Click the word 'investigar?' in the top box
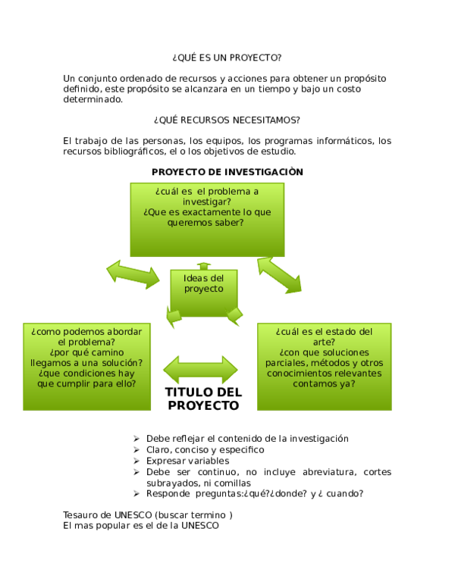coord(207,202)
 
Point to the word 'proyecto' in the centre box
coord(204,289)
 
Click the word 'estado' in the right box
coord(341,331)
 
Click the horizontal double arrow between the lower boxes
coord(200,370)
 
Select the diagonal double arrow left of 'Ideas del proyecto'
coord(133,274)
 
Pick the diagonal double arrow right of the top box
coord(280,275)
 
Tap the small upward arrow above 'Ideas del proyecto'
coord(203,264)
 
